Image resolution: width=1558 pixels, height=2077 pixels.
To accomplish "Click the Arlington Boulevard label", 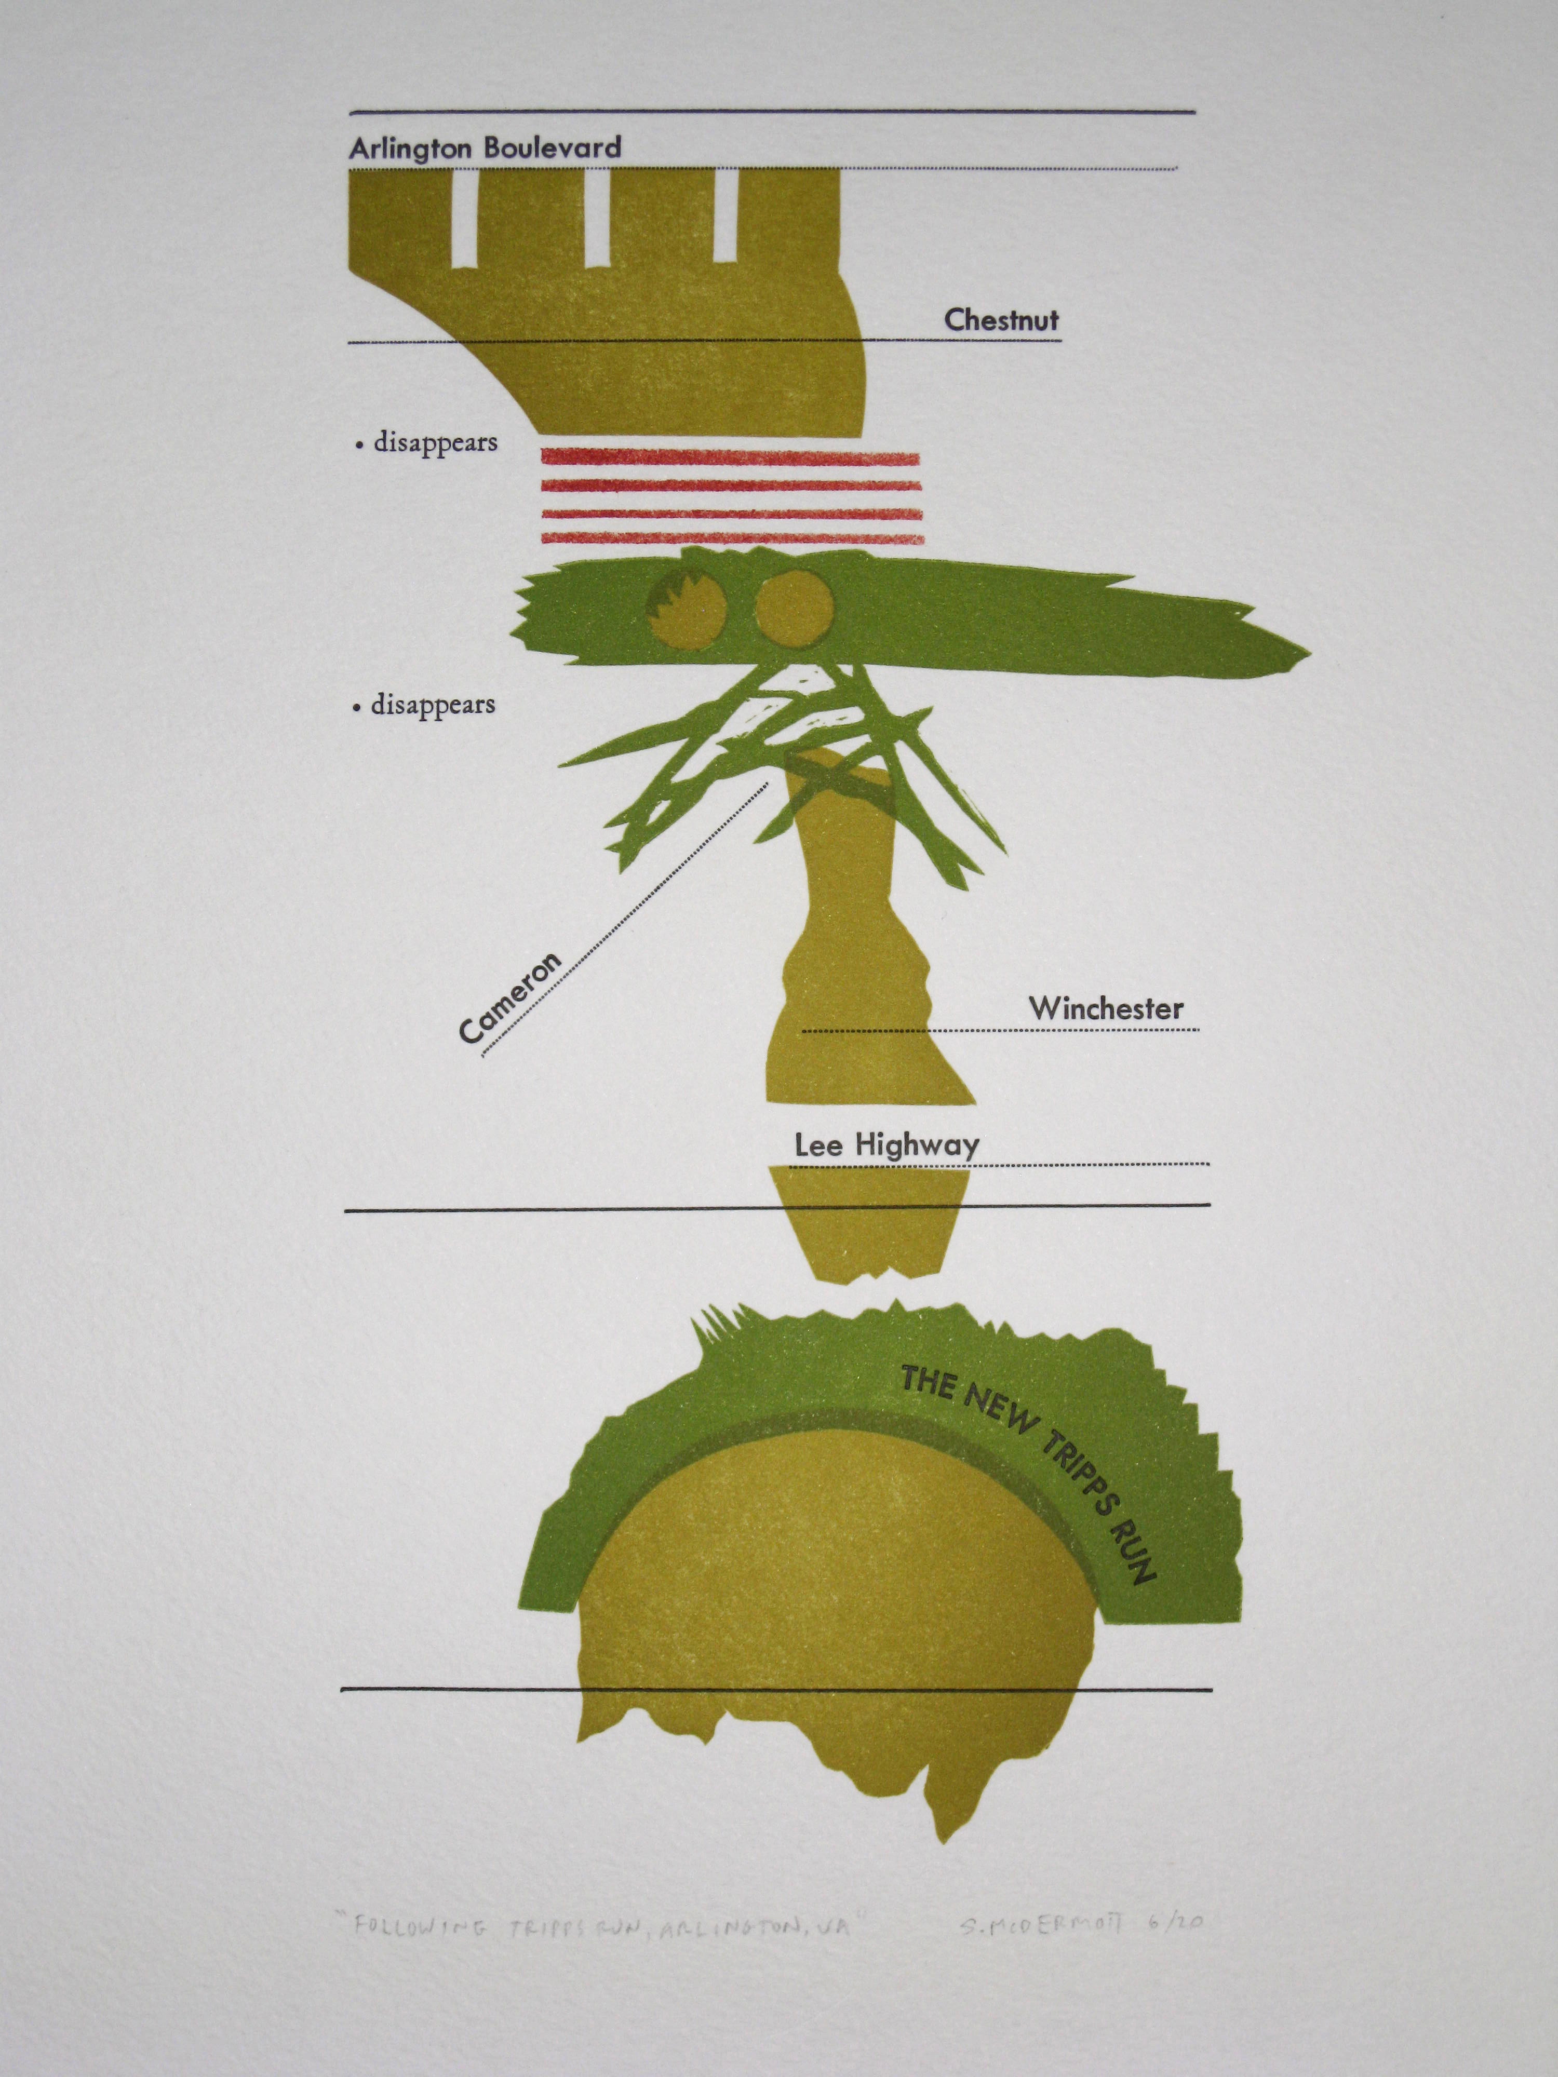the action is click(485, 147).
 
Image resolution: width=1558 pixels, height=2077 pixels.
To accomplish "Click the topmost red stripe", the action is click(731, 458).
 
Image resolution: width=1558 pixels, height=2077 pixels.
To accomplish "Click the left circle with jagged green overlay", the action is click(687, 612).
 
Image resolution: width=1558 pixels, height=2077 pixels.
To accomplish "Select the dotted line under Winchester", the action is click(1000, 1031).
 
